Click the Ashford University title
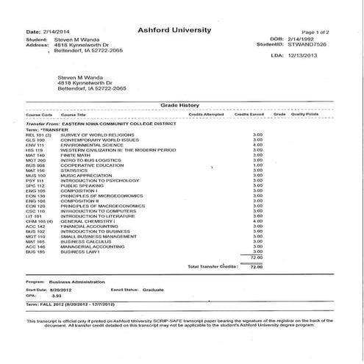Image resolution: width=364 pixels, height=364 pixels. (x=174, y=30)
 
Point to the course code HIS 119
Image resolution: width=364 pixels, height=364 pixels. (x=35, y=149)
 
